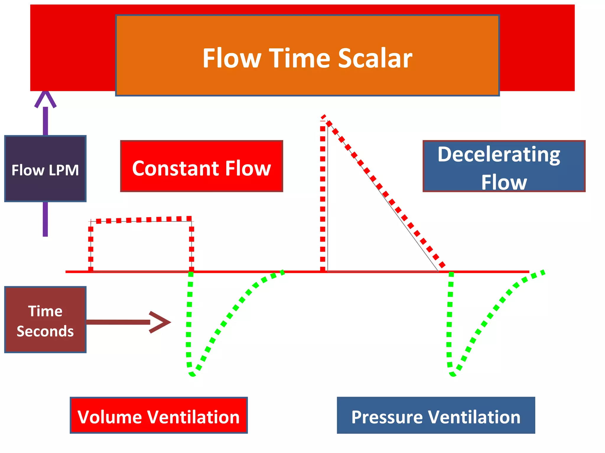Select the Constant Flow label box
[x=201, y=167]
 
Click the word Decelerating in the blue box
[x=499, y=154]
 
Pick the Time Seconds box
[x=45, y=320]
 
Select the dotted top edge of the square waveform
[x=141, y=219]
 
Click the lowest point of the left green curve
[x=192, y=375]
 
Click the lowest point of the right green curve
[x=453, y=375]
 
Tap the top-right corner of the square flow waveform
[x=191, y=219]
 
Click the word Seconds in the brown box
[x=45, y=331]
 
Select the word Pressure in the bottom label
[x=387, y=417]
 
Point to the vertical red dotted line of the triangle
[x=323, y=195]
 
